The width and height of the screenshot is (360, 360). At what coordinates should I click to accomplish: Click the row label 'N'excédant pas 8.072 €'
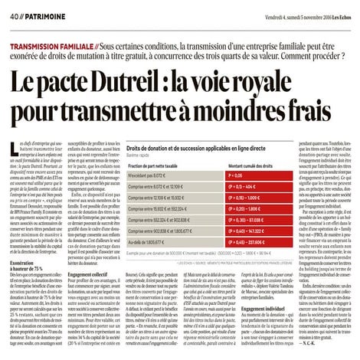150,175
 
